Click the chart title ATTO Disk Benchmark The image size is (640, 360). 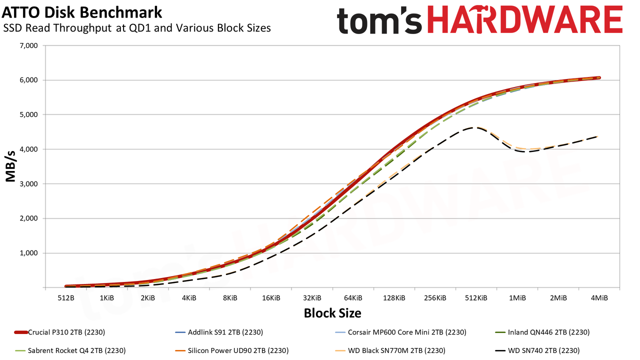tap(81, 12)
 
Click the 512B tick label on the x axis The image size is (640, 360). tap(66, 298)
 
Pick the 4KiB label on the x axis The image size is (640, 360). tap(189, 298)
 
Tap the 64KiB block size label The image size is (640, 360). tap(353, 298)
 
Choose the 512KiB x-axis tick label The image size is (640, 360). tap(476, 298)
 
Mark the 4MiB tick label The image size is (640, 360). tap(599, 298)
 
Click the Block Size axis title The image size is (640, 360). tap(332, 313)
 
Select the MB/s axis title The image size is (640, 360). tap(10, 166)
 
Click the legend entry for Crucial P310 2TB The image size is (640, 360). tap(59, 332)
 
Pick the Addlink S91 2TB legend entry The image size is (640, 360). tap(219, 332)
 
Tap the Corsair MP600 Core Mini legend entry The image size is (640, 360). tap(400, 332)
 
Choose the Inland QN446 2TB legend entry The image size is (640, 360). tap(542, 332)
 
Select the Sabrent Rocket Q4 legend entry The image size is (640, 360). tap(70, 350)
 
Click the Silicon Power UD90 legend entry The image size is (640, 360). tap(231, 350)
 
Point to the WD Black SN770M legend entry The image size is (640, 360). tap(390, 350)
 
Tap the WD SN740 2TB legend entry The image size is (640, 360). tap(537, 350)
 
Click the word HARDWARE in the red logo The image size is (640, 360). tap(525, 20)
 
